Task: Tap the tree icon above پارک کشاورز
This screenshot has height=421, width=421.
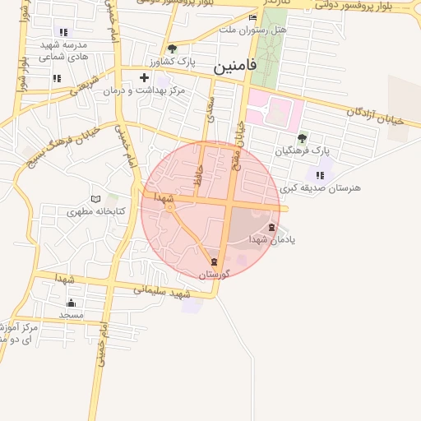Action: [x=172, y=49]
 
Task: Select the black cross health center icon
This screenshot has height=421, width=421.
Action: [x=145, y=77]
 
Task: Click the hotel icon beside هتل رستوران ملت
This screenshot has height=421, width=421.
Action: [x=252, y=17]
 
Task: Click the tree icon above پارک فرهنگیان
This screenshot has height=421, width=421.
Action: [x=302, y=138]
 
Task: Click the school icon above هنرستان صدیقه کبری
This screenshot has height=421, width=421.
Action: [x=320, y=175]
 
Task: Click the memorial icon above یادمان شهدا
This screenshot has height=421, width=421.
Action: [x=272, y=227]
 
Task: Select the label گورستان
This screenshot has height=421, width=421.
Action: [x=215, y=273]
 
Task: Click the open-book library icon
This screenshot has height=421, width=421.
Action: [x=95, y=199]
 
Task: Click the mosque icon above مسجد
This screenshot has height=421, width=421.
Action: [x=71, y=302]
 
